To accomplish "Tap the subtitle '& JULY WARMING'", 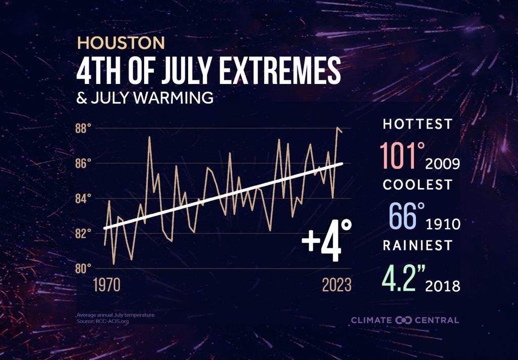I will pos(144,98).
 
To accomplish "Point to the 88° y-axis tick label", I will pos(83,128).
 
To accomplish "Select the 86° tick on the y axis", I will pos(83,163).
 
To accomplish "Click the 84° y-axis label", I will pos(83,198).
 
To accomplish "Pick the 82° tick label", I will pos(83,233).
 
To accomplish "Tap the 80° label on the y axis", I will pos(83,268).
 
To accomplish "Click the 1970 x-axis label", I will pos(107,285).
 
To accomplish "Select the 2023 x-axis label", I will pos(337,285).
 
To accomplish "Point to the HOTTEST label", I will pos(417,124).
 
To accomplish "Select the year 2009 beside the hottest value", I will pos(443,164).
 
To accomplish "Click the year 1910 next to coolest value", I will pos(443,224).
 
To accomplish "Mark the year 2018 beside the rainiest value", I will pos(443,286).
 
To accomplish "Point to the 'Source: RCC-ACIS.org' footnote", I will pos(100,321).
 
